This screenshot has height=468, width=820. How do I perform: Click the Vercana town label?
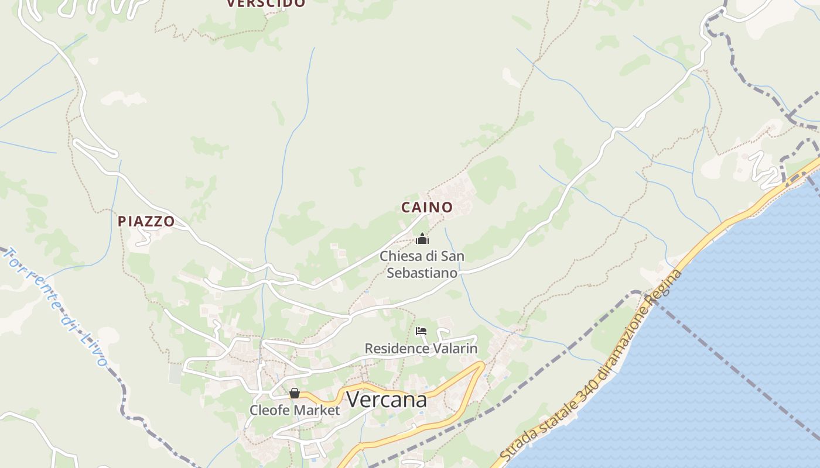(386, 400)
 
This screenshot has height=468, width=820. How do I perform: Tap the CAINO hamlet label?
(426, 207)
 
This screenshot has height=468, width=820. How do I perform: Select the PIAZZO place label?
(146, 221)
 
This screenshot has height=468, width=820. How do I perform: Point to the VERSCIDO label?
(266, 4)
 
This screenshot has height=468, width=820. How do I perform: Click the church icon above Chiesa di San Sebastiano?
(422, 239)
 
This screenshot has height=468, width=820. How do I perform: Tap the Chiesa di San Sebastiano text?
(422, 264)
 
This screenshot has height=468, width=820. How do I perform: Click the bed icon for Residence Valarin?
(421, 331)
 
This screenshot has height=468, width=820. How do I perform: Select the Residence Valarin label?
(421, 349)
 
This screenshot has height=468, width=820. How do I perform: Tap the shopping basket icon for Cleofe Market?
(295, 393)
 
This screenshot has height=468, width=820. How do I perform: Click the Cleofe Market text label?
(295, 410)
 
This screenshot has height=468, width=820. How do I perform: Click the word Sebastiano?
(422, 273)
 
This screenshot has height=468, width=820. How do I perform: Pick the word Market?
(317, 410)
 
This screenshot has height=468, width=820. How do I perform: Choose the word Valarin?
(455, 349)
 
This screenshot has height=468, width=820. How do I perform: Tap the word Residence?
(397, 349)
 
